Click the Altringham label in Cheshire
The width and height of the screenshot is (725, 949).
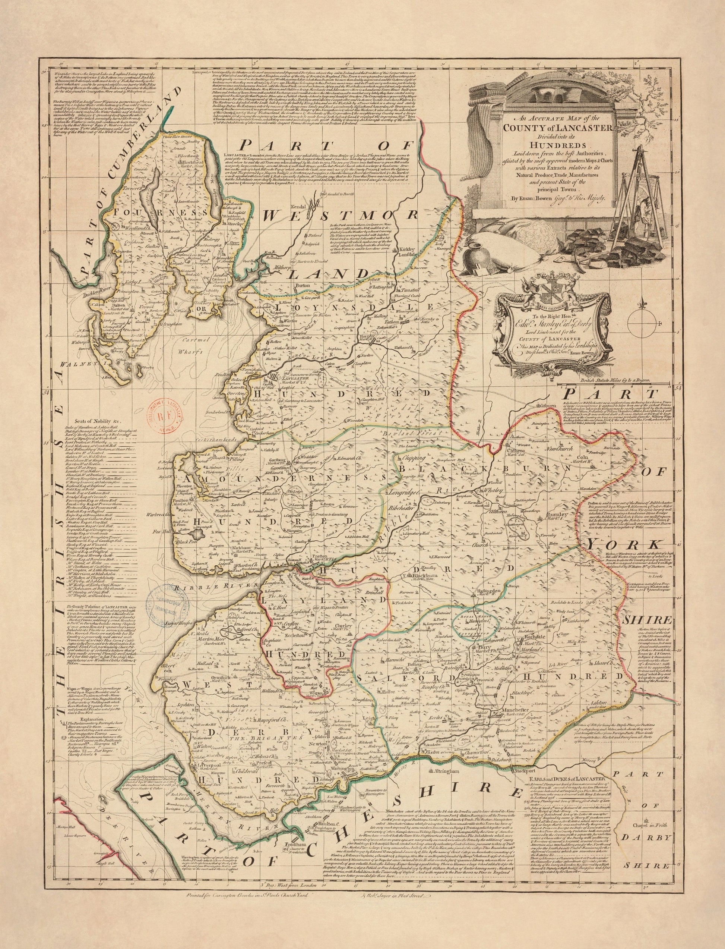tap(447, 782)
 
